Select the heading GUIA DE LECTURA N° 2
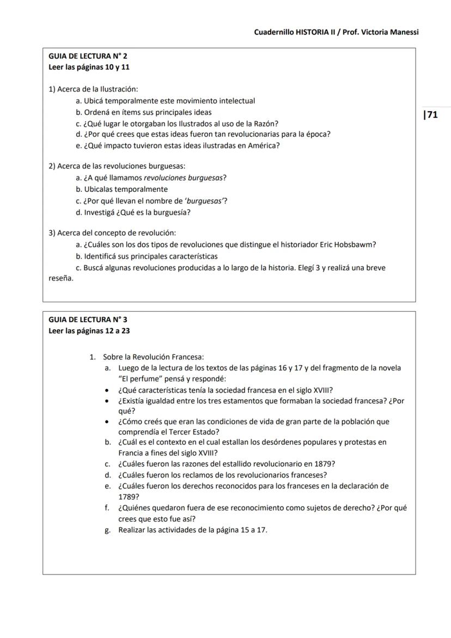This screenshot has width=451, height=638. point(88,56)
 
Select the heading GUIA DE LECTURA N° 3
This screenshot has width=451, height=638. point(88,320)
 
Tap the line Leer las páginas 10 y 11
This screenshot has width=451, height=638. point(89,68)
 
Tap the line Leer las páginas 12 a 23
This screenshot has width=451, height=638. point(89,331)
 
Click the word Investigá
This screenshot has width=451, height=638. point(101,212)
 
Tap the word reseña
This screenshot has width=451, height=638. point(60,278)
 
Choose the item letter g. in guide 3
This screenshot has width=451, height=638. point(108,530)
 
